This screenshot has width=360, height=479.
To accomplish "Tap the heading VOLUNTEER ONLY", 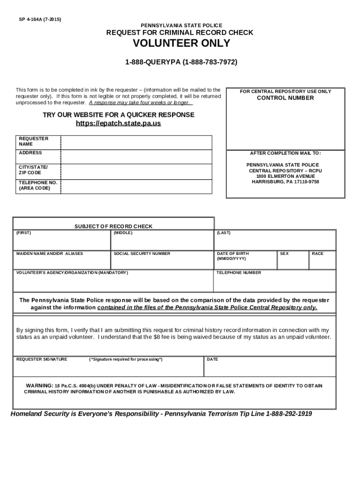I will pos(181,44).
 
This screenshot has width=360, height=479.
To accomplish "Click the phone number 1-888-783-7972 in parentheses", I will pos(210,62).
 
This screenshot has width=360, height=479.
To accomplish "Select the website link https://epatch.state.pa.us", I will pos(118,123).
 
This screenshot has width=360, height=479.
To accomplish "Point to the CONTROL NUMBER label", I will pos(285,98).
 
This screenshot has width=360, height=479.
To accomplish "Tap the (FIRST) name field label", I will pos(24,232).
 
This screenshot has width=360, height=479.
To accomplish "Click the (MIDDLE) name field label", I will pos(123,232).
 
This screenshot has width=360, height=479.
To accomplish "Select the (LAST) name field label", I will pos(223,232).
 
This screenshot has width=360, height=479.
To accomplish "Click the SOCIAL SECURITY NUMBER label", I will pos(142,254).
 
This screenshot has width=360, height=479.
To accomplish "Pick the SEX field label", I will pos(284,254).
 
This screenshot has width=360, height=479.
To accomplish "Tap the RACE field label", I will pos(317,254).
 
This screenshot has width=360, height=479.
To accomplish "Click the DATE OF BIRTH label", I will pos(233,254).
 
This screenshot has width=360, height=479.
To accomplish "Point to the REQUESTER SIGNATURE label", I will pos(42,359).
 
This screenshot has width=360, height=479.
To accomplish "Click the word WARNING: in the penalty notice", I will pos(39,385).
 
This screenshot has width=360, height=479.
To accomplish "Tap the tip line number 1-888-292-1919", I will pos(289,414).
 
